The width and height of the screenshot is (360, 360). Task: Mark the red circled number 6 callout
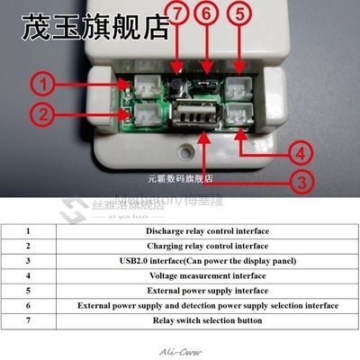click(x=206, y=13)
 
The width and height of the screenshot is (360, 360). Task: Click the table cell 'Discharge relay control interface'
click(x=207, y=230)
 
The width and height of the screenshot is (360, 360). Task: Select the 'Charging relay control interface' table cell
click(x=207, y=245)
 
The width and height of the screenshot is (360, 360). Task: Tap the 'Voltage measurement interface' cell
click(x=207, y=275)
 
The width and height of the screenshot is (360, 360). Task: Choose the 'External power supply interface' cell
click(x=207, y=291)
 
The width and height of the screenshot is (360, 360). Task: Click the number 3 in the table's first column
click(x=27, y=260)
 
